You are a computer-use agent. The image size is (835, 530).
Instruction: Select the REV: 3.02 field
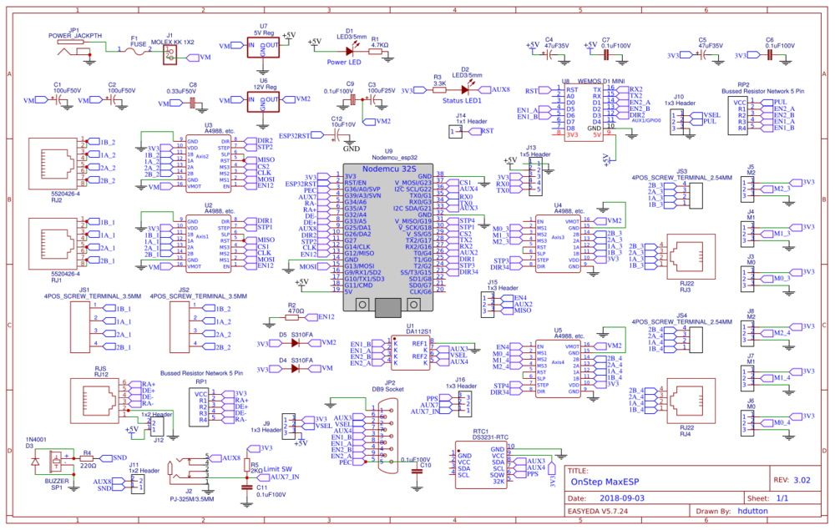click(x=792, y=480)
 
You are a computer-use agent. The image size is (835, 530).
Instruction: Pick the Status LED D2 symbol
click(x=464, y=89)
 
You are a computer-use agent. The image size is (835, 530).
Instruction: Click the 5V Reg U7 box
click(x=264, y=46)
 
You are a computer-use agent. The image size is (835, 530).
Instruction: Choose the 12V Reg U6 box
click(x=264, y=100)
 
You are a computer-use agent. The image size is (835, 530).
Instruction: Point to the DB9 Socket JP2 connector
click(x=385, y=434)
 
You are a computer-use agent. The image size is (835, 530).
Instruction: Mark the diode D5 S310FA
click(x=293, y=343)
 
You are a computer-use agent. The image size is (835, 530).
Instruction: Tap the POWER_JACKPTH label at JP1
click(x=74, y=36)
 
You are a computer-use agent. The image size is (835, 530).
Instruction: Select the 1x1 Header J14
click(x=457, y=131)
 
